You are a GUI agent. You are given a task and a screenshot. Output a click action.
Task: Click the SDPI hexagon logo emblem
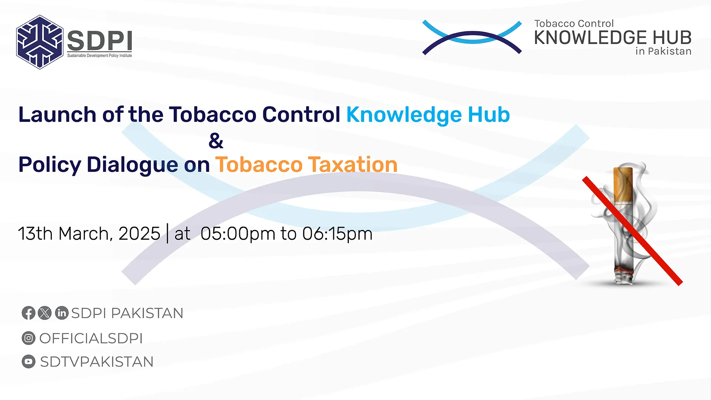click(x=40, y=42)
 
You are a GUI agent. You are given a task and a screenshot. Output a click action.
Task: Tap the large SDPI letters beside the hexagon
click(x=100, y=41)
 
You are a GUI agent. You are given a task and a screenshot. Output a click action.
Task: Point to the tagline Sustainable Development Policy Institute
click(x=100, y=56)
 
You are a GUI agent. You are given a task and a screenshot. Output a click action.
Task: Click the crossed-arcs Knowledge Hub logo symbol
click(x=472, y=37)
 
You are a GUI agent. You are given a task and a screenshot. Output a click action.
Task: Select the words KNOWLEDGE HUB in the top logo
click(x=613, y=37)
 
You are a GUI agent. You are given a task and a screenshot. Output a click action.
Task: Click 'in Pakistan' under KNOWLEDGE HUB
click(x=663, y=51)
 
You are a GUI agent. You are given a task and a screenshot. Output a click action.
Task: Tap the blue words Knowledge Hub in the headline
click(x=428, y=115)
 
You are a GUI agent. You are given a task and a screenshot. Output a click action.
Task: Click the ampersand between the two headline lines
click(x=216, y=141)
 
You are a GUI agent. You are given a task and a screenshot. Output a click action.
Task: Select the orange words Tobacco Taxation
click(x=306, y=164)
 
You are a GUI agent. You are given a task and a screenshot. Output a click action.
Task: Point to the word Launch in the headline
click(x=57, y=114)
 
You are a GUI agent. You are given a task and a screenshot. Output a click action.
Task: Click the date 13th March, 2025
click(x=89, y=234)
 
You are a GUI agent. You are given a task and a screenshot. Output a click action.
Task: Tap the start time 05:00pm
click(x=238, y=234)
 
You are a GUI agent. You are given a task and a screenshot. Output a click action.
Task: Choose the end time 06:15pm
click(x=337, y=234)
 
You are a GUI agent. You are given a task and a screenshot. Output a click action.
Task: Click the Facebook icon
click(x=29, y=313)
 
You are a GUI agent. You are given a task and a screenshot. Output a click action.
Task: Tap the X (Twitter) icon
click(x=45, y=313)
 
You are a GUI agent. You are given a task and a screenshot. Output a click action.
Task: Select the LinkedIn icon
click(x=62, y=313)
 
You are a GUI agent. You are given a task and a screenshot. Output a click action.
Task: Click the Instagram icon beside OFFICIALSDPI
click(x=29, y=338)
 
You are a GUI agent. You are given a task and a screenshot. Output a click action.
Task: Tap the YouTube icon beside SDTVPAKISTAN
click(x=29, y=361)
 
